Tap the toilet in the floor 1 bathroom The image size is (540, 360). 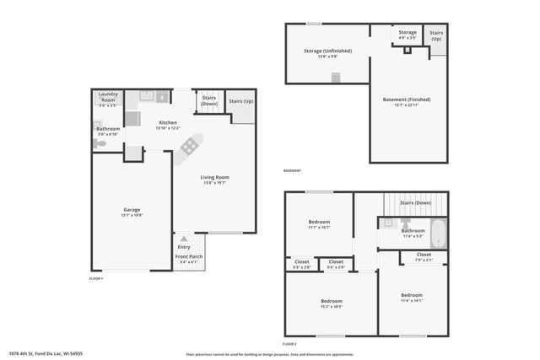coord(100,144)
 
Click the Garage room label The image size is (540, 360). coord(132,209)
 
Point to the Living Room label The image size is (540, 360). coord(214,177)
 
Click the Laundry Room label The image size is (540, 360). coord(108,94)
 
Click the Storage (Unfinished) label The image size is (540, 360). coord(327,51)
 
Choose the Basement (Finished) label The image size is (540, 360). coord(407,99)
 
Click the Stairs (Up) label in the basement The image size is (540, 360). coord(435,36)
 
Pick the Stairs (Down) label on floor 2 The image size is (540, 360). coord(415,203)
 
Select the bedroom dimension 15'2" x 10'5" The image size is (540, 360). coord(331,306)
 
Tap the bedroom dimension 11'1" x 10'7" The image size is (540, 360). coord(318,228)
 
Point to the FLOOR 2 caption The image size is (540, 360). coord(289,344)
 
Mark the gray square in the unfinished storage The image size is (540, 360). coord(335,78)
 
